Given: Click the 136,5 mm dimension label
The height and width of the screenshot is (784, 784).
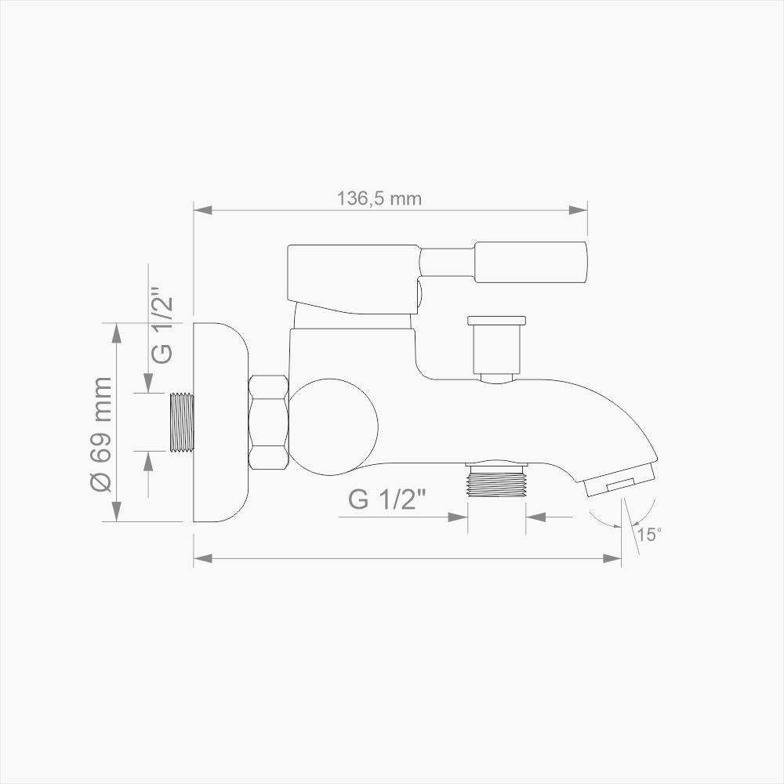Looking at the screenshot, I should (379, 198).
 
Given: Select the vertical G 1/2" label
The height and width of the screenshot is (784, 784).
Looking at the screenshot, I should (162, 328).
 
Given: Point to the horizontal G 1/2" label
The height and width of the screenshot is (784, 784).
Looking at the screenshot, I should (387, 499).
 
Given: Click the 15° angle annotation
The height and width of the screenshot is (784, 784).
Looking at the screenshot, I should (648, 535).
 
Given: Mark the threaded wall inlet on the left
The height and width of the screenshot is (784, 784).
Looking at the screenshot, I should (182, 422).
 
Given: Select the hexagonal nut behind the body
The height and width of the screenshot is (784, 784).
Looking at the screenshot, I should (269, 423).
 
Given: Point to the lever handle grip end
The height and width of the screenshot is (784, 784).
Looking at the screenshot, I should (531, 263).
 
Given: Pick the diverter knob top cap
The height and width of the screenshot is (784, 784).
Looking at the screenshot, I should (496, 320).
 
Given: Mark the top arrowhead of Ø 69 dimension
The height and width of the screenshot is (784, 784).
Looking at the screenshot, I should (117, 332).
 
